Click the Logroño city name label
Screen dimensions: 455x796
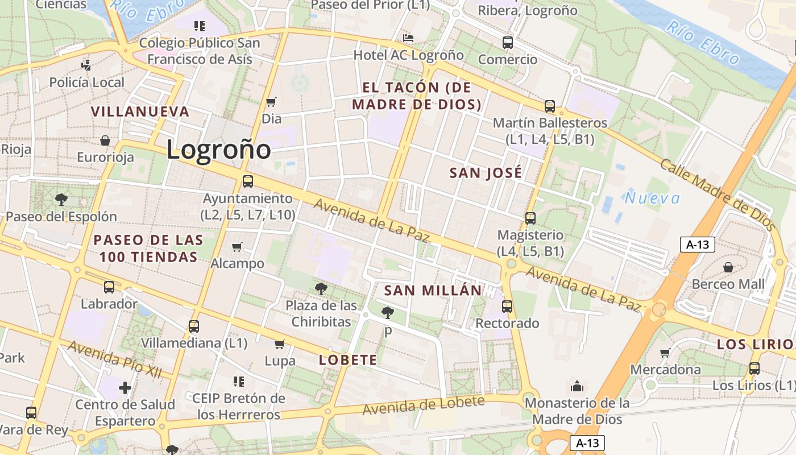point(219,150)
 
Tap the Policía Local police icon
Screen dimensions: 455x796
point(86,65)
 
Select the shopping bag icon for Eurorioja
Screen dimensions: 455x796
point(105,140)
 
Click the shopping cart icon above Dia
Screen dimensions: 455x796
point(271,102)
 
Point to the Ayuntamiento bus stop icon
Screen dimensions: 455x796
point(248,181)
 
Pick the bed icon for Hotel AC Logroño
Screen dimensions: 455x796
point(408,38)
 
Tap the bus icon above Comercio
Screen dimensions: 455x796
point(507,42)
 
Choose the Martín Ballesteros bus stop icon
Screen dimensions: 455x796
point(549,106)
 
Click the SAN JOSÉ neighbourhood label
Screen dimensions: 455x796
point(486,173)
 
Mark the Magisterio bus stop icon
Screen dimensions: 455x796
point(530,218)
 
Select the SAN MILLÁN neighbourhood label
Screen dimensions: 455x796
point(433,290)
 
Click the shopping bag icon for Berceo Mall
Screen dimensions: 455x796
point(728,267)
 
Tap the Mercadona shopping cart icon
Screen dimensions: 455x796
point(665,353)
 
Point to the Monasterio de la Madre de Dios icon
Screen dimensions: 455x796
point(577,386)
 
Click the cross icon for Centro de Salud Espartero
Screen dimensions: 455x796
point(125,388)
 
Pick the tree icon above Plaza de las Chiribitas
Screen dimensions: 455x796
point(321,288)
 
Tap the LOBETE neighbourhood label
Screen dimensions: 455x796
point(348,359)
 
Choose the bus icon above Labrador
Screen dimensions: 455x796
point(109,287)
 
